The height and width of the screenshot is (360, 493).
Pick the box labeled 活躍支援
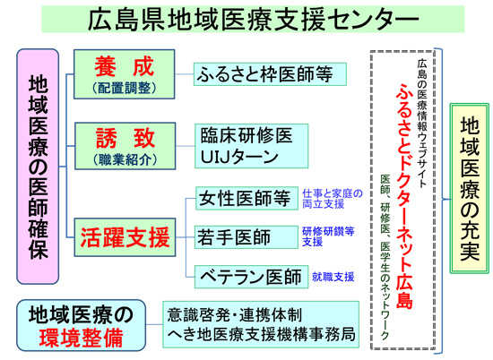125,239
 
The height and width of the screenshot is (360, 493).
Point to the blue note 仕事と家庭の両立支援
331,198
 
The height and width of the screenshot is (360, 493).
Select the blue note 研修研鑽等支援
329,236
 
